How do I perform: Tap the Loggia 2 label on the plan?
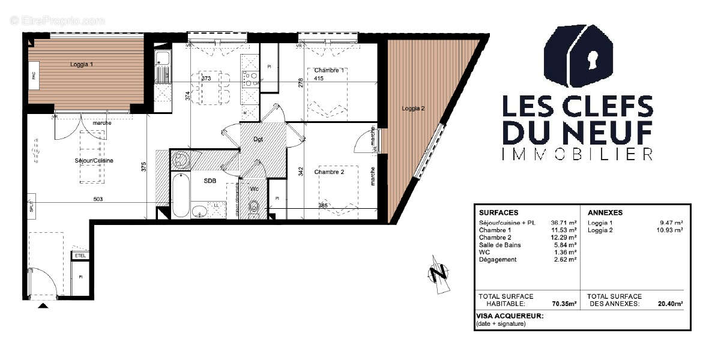tap(414, 109)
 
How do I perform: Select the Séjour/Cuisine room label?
tap(94, 161)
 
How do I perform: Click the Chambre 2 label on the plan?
tap(329, 172)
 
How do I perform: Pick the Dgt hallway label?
tap(258, 139)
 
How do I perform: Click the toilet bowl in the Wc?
tap(255, 208)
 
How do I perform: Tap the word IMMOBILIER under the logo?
tap(577, 154)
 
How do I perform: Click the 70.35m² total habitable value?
tap(564, 304)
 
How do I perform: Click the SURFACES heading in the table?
tap(498, 212)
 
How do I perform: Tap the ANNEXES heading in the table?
tap(605, 212)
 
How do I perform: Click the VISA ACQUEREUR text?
tap(509, 316)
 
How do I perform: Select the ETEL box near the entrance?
tap(80, 256)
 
